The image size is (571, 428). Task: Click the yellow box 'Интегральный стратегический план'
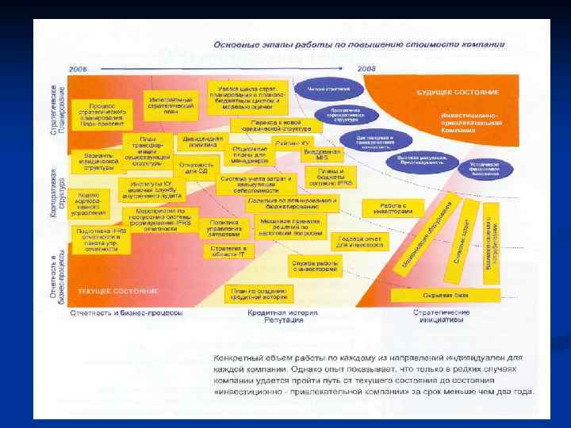[x=171, y=106]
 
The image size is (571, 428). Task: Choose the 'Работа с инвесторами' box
[x=394, y=208]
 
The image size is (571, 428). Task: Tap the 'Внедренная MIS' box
[x=322, y=153]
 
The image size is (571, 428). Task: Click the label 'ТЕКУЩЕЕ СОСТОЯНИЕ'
[x=117, y=292]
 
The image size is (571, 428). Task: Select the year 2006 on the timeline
[x=78, y=70]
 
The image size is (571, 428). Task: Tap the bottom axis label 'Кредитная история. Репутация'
[x=272, y=315]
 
